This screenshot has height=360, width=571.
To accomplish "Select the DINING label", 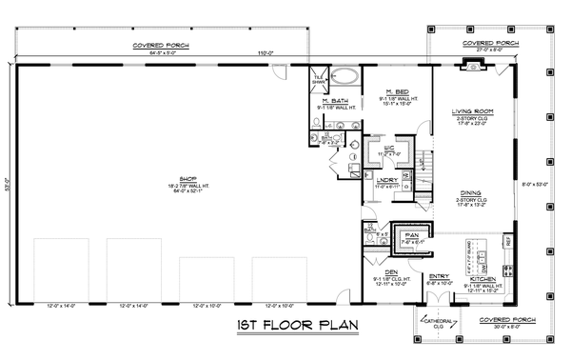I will tap(473, 192).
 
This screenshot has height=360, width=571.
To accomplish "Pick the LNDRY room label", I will tap(386, 181).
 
